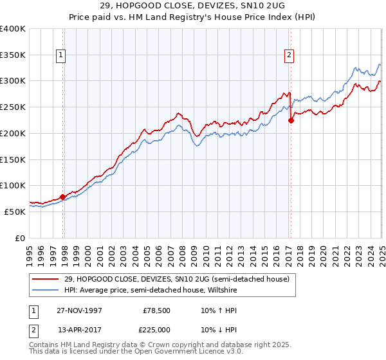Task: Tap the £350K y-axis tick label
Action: (x=13, y=55)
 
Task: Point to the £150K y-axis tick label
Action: (x=13, y=159)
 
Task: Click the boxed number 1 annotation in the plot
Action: (x=60, y=56)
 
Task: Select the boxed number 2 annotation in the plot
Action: (x=289, y=56)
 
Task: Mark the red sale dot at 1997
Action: (x=63, y=197)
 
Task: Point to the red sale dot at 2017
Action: (x=291, y=120)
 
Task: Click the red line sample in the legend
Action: (x=46, y=279)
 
